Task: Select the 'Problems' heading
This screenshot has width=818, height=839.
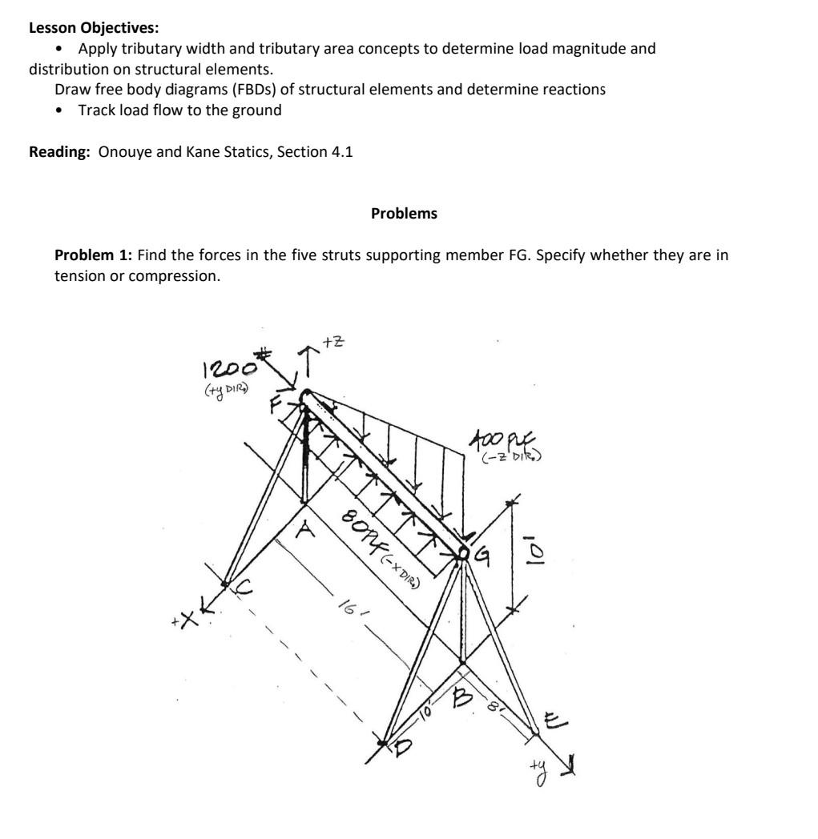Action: click(405, 214)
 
